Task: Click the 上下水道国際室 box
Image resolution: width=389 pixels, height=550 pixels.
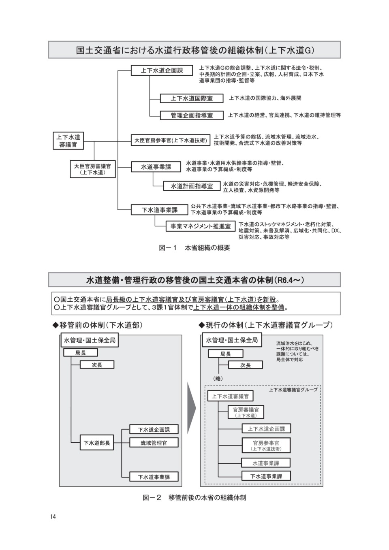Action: tap(192, 98)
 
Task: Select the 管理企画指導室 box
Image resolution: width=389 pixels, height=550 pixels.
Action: tap(192, 115)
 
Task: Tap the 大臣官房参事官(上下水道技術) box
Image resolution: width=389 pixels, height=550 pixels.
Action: tap(171, 140)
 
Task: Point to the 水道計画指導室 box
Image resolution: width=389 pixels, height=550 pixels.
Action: tap(192, 186)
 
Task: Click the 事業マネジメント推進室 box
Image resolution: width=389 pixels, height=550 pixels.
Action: tap(201, 226)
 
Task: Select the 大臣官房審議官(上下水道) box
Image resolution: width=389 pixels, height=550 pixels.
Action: tap(92, 169)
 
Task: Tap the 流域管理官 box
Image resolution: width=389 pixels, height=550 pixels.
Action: tap(154, 443)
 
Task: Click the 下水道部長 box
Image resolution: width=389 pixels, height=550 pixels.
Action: tap(97, 443)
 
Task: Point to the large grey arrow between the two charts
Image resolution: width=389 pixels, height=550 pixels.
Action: tap(191, 408)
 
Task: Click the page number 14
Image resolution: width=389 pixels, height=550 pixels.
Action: tap(53, 516)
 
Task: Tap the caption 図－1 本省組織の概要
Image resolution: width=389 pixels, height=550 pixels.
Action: tap(194, 248)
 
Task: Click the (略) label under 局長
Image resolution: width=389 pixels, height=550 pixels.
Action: tap(218, 378)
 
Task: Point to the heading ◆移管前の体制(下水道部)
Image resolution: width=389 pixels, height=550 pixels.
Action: tap(98, 325)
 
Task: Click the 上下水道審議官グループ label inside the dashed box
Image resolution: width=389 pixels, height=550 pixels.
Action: tap(293, 390)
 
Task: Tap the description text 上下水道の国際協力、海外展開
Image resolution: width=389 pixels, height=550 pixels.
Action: tap(265, 98)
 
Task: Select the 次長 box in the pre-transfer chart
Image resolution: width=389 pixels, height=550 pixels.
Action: tap(97, 365)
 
